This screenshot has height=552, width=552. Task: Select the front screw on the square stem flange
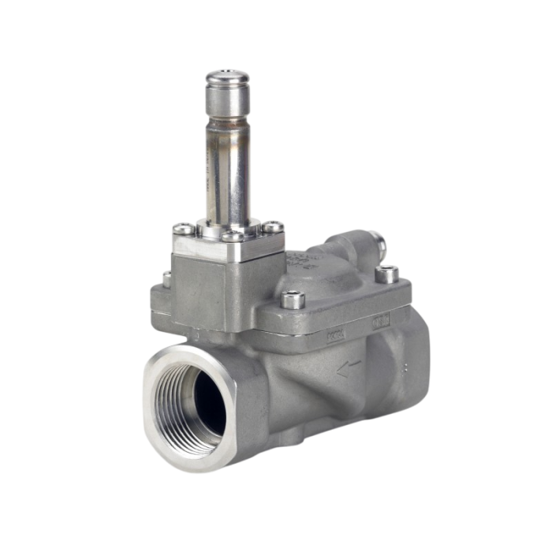pos(233,237)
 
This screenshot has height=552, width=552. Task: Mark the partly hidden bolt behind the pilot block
pos(166,277)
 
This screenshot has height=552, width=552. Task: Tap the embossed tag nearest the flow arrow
pos(335,337)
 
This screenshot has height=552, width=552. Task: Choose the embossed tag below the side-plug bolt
pos(382,322)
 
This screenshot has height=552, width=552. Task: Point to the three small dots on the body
pos(404,367)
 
